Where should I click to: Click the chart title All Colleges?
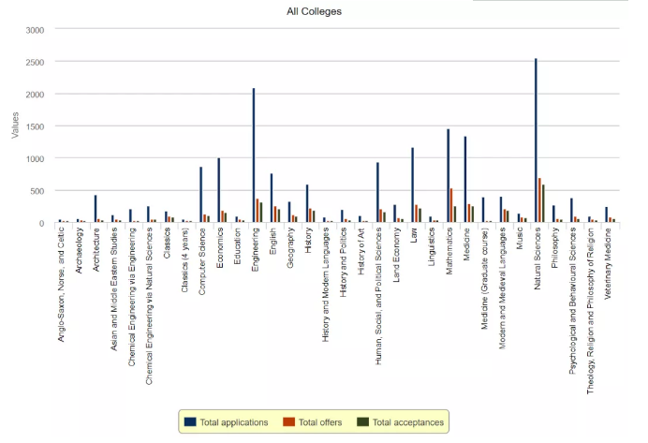pos(315,11)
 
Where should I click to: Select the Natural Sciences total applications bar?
pos(536,140)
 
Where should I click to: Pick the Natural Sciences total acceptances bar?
pos(543,204)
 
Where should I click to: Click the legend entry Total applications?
pos(228,422)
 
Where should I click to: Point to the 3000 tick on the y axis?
pos(35,30)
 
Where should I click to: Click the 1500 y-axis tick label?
pos(35,126)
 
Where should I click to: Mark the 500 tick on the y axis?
pos(37,191)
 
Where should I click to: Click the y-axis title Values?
pos(14,126)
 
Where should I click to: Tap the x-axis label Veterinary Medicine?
pos(607,264)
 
